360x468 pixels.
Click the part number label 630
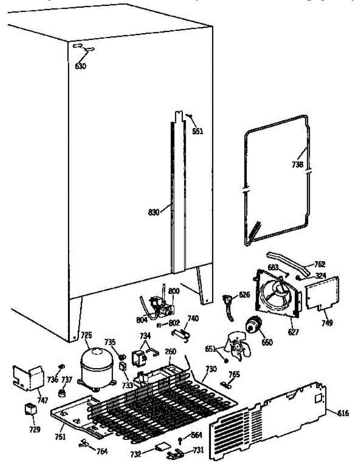[x=80, y=66]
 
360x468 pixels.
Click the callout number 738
[x=297, y=164]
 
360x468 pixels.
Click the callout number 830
[x=154, y=212]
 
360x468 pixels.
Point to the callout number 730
[x=211, y=369]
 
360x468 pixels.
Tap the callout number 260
[x=170, y=351]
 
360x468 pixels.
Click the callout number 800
[x=174, y=291]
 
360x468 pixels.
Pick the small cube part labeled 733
[x=123, y=367]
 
